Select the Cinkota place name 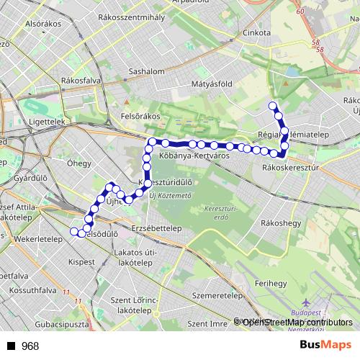[256, 32]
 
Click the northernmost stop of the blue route [273, 107]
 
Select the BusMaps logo [325, 345]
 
